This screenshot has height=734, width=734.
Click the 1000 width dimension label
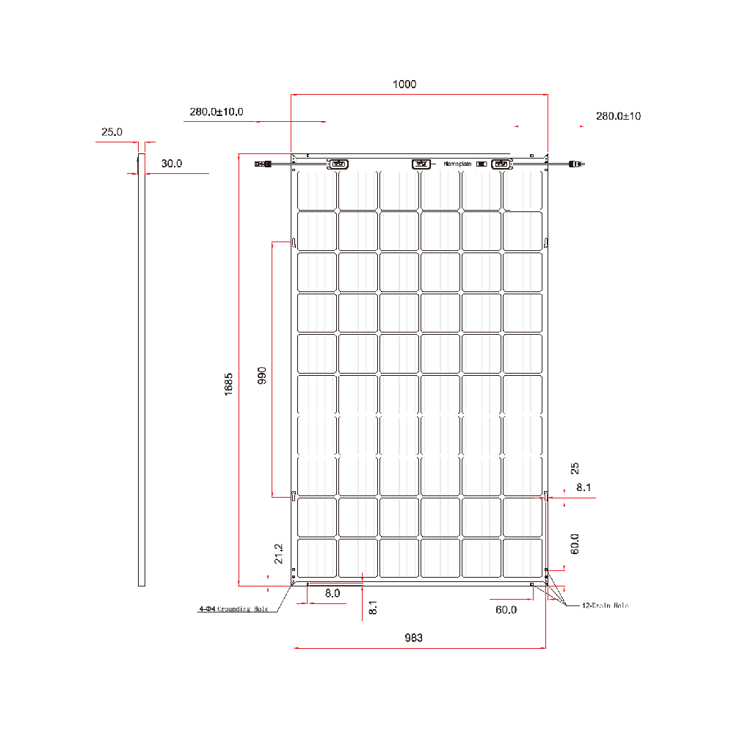coord(404,84)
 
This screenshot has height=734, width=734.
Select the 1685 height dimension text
coord(229,385)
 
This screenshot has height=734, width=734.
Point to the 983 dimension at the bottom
coord(413,638)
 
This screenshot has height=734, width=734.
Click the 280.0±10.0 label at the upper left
coord(216,112)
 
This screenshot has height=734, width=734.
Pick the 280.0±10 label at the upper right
coord(618,116)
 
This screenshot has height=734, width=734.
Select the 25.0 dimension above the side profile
coord(112,132)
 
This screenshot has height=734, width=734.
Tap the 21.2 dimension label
coord(277,553)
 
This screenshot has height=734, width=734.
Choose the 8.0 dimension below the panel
coord(332,593)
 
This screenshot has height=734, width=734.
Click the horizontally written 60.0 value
coord(506,609)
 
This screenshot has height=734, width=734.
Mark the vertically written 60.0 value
coord(575,544)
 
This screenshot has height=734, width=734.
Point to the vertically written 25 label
coord(575,468)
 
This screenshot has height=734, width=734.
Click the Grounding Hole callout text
coord(234,609)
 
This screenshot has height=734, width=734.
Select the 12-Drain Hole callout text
coord(605,606)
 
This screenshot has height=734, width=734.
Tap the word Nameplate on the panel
coord(457,164)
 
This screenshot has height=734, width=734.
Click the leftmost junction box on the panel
coord(338,164)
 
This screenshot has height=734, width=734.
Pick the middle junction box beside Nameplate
coord(421,164)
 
